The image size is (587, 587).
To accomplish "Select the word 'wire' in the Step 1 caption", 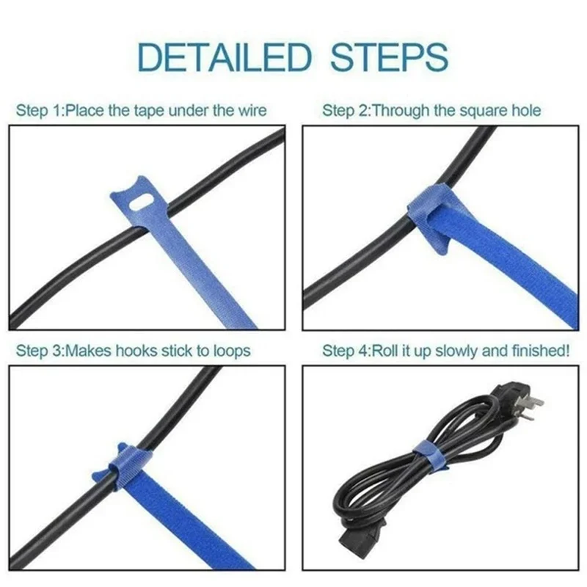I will (x=251, y=111).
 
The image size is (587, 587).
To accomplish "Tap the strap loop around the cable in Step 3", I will (x=125, y=467).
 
